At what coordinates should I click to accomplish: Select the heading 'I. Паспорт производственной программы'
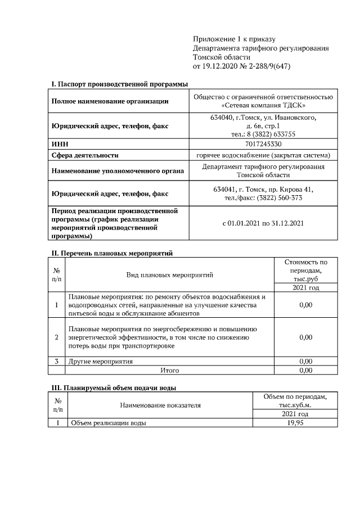point(119,84)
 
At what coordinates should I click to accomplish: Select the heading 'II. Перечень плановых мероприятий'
point(111,254)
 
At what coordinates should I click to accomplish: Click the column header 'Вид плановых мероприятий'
point(169,275)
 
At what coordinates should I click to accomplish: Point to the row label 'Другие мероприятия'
point(101,361)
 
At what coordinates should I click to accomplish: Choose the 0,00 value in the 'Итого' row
point(305,371)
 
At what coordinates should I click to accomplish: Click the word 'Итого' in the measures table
point(169,371)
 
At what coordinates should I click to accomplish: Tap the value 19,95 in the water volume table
point(295,423)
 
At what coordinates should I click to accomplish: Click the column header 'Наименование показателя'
point(160,405)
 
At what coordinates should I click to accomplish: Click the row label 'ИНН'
point(60,145)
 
